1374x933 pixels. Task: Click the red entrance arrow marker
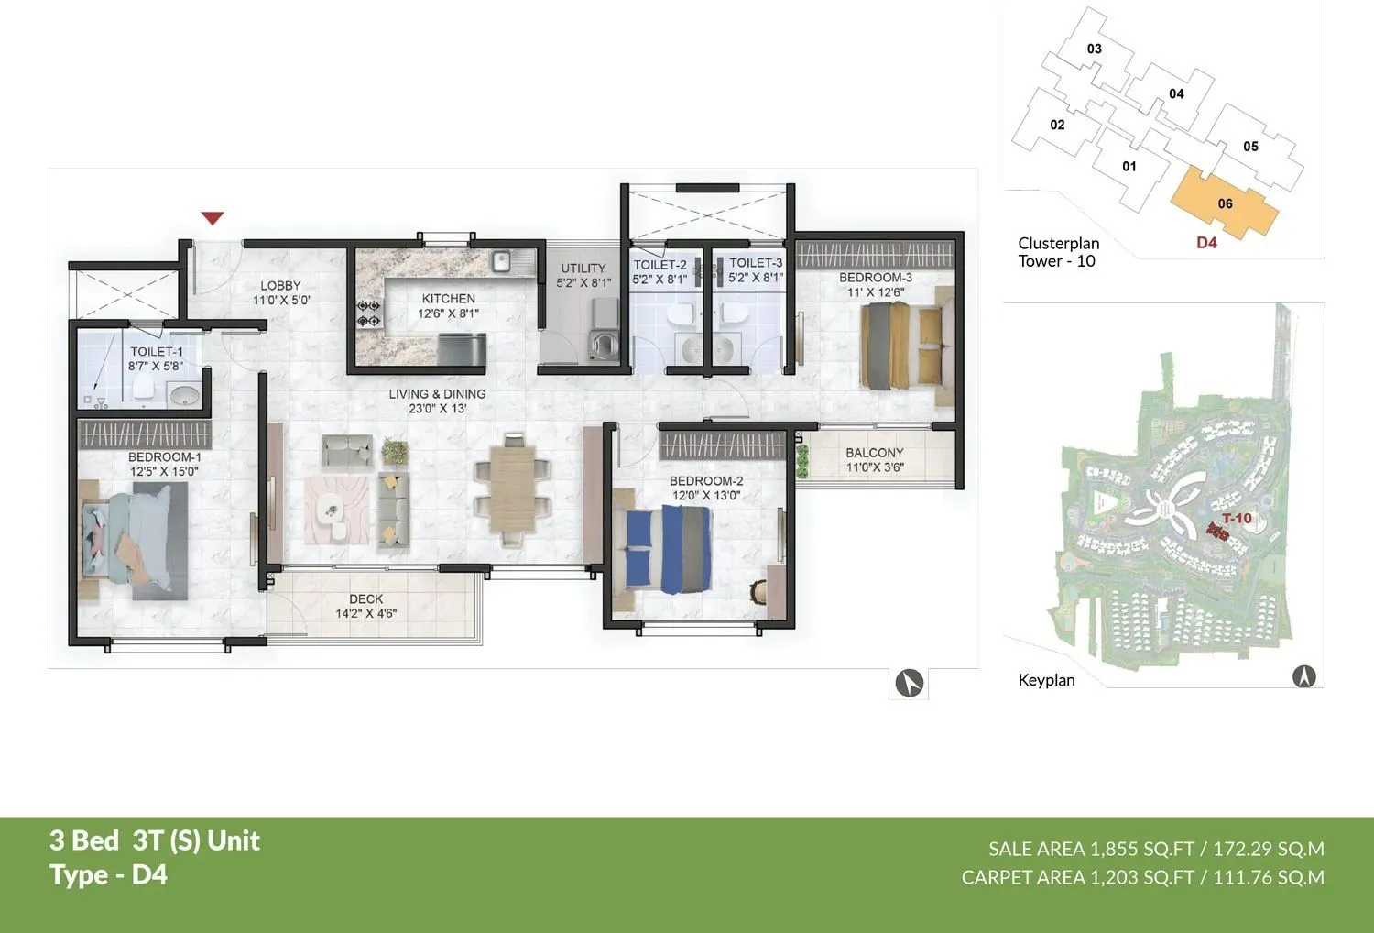[x=213, y=218]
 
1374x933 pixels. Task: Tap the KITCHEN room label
[x=448, y=299]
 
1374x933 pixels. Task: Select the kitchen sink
[x=501, y=263]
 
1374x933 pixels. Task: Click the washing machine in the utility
[x=605, y=346]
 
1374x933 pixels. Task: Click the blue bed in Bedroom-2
[x=669, y=550]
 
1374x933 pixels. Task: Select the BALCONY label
[x=874, y=453]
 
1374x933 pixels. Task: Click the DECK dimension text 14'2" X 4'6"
[x=365, y=613]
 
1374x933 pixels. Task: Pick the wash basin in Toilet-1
[x=184, y=396]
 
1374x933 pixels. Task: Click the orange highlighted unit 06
[x=1225, y=204]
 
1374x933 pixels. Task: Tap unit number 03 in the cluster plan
[x=1094, y=49]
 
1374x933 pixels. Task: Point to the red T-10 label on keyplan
[x=1237, y=518]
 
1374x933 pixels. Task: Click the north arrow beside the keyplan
[x=1303, y=676]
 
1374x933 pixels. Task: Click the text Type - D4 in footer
[x=109, y=874]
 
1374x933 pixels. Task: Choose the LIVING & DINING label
[x=437, y=394]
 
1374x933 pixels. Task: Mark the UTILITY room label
[x=583, y=269]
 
